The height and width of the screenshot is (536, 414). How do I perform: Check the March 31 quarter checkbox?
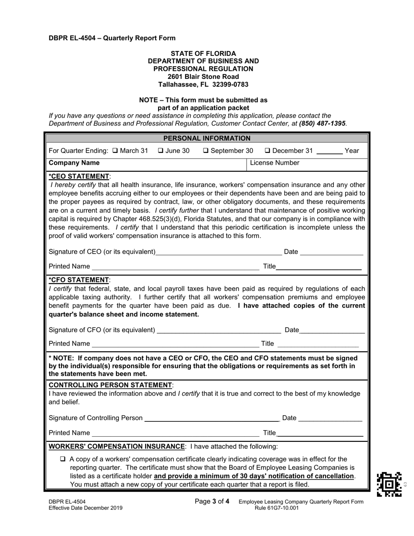coord(115,151)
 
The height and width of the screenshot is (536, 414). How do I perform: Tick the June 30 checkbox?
coord(160,151)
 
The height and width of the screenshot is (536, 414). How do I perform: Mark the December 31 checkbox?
coord(268,151)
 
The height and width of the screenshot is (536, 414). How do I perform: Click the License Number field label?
coord(275,163)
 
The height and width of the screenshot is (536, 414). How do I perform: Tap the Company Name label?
coord(74,163)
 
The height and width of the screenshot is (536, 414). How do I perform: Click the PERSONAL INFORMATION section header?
coord(207,139)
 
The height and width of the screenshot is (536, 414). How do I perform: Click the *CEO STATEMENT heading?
coord(80,176)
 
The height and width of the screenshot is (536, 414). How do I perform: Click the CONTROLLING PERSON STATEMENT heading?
coord(111,385)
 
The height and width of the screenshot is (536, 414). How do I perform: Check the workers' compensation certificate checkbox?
coord(63,459)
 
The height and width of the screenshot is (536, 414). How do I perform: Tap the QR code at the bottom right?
coord(389,484)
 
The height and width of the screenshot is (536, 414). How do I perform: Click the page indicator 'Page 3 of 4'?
coord(212,502)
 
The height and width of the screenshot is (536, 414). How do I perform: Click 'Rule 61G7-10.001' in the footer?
coord(277,508)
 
